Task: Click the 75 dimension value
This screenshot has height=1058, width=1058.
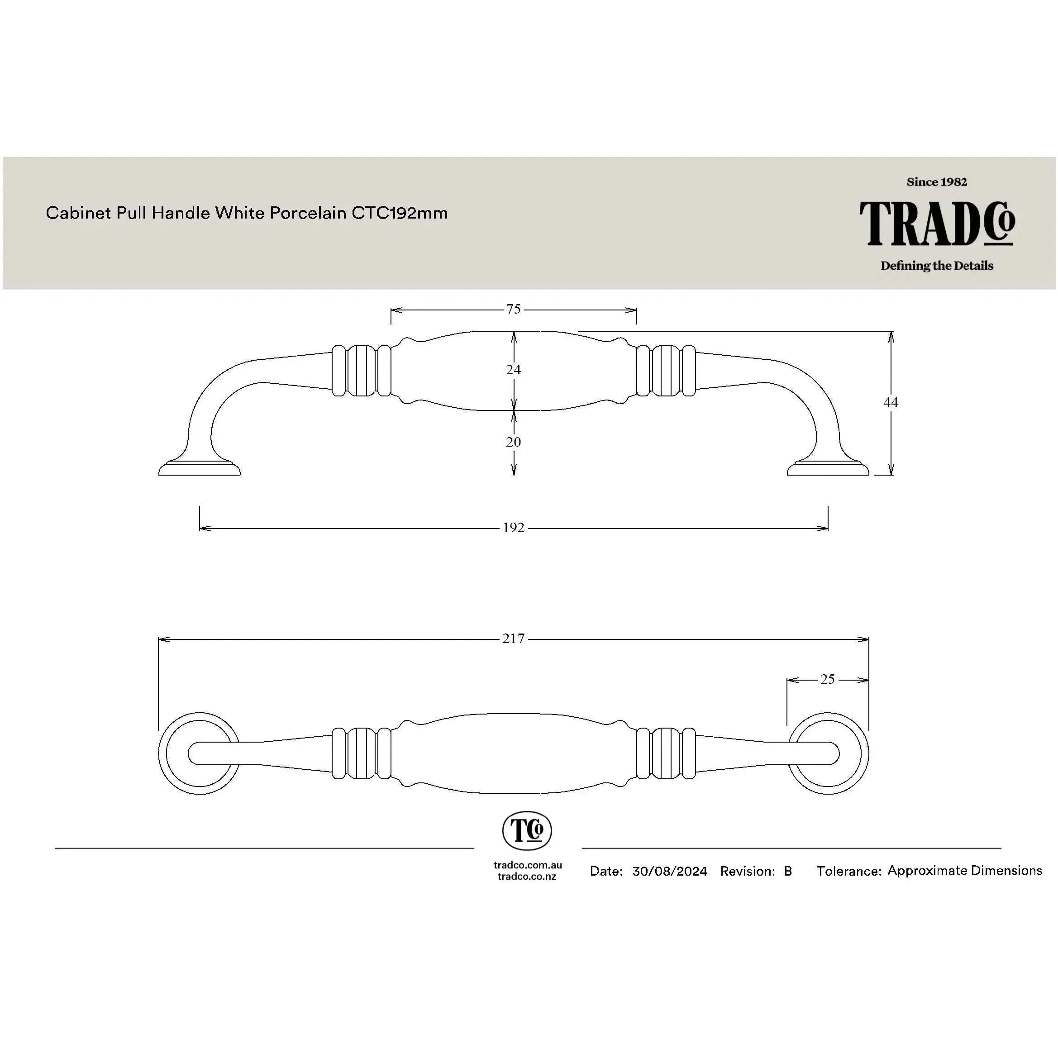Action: tap(513, 310)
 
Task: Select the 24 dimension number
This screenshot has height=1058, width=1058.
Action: tap(513, 370)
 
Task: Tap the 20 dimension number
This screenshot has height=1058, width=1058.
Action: tap(513, 442)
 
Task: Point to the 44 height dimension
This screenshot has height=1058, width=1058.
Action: tap(891, 402)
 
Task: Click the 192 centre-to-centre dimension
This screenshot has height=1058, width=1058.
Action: tap(514, 528)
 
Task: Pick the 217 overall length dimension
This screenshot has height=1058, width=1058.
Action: tap(514, 639)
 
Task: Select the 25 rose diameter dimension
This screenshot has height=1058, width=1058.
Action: tap(828, 680)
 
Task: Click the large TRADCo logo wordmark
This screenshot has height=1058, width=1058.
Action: tap(937, 224)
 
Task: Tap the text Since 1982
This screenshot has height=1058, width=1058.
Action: tap(937, 182)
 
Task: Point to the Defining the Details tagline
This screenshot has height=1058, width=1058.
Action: tap(937, 266)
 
